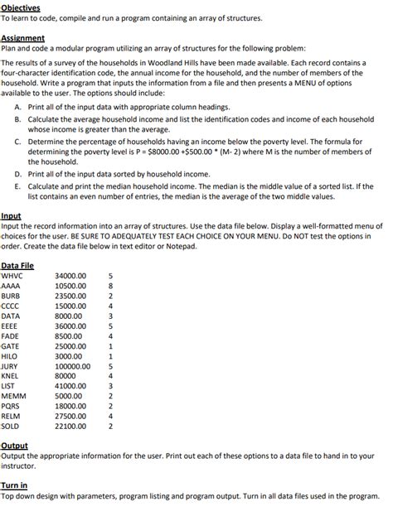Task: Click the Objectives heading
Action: pyautogui.click(x=20, y=7)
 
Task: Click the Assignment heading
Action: pyautogui.click(x=22, y=37)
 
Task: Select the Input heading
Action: pyautogui.click(x=12, y=215)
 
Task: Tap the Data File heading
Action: pyautogui.click(x=17, y=265)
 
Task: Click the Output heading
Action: pyautogui.click(x=14, y=446)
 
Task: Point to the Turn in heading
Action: pyautogui.click(x=14, y=485)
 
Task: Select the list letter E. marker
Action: pyautogui.click(x=19, y=187)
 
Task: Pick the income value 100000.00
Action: pyautogui.click(x=73, y=364)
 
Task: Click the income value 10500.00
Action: pyautogui.click(x=70, y=286)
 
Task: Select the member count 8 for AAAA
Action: pyautogui.click(x=109, y=286)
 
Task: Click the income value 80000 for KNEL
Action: pyautogui.click(x=65, y=375)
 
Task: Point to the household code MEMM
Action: pyautogui.click(x=12, y=396)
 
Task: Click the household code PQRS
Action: pyautogui.click(x=11, y=407)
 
